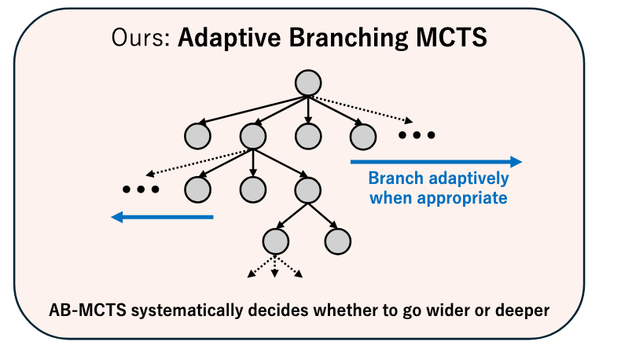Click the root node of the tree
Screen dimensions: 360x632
tap(308, 83)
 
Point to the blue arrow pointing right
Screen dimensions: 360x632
tap(435, 162)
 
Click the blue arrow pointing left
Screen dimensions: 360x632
tap(162, 217)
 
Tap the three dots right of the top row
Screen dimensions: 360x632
tap(416, 135)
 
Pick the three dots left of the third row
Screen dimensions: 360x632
tap(141, 189)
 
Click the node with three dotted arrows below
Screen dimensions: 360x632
tap(275, 241)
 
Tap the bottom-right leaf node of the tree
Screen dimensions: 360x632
tap(337, 241)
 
